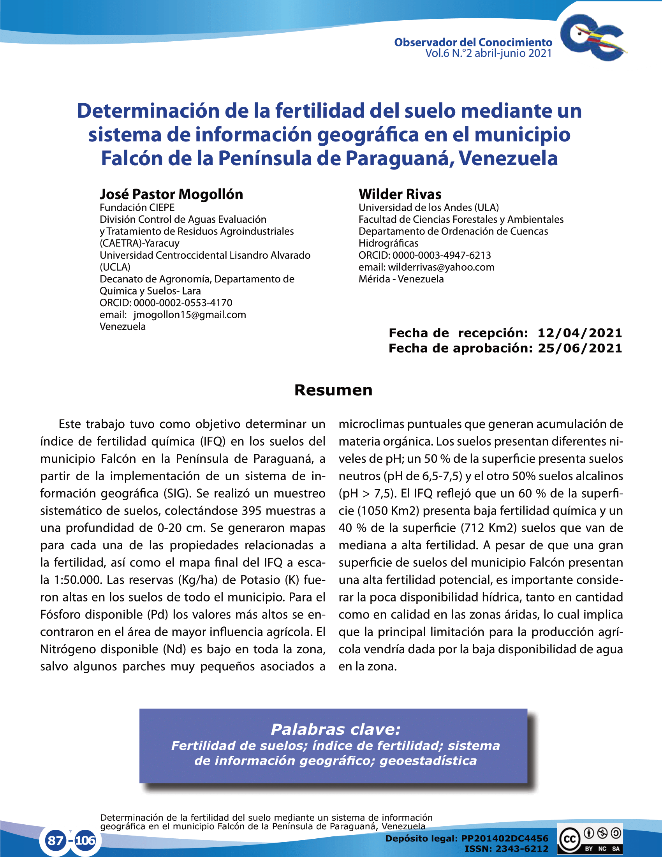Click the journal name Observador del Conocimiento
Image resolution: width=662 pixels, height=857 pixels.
(x=473, y=42)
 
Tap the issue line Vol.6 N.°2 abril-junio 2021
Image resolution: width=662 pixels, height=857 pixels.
(x=488, y=53)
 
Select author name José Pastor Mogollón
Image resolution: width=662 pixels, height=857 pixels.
(x=171, y=194)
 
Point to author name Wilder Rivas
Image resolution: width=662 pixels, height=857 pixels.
(x=400, y=194)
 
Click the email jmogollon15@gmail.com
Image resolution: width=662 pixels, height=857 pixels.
(x=189, y=315)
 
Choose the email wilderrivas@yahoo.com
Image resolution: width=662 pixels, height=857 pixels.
(x=441, y=267)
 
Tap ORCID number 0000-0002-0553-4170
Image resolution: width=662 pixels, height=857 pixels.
(x=182, y=303)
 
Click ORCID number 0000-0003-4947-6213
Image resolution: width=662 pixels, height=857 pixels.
(x=441, y=256)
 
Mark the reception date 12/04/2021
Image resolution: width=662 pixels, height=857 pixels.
(x=579, y=333)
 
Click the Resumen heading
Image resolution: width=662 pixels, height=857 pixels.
(x=333, y=390)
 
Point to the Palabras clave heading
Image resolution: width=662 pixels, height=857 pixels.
(x=335, y=730)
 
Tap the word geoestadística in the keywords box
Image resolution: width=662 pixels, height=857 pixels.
(x=428, y=760)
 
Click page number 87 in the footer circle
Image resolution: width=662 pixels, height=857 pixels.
(x=55, y=840)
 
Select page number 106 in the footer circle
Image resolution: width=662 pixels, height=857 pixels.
(x=85, y=840)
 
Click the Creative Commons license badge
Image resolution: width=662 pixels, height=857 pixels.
(x=590, y=839)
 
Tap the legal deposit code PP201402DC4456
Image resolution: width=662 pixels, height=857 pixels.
(x=504, y=839)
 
